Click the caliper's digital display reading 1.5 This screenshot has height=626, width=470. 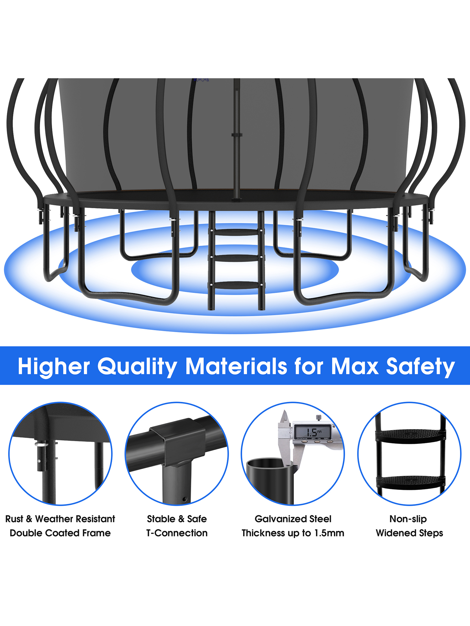point(312,432)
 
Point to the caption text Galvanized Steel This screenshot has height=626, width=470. point(293,519)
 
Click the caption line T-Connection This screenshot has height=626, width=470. point(177,533)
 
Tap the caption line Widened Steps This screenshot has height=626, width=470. point(409,533)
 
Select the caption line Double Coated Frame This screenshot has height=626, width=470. point(60,533)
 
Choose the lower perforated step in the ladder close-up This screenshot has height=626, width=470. point(410,483)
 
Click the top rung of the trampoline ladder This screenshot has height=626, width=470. point(237,232)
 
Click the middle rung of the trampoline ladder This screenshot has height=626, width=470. point(237,258)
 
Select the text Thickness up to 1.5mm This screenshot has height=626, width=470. point(293,533)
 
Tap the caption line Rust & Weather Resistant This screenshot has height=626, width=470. point(60,519)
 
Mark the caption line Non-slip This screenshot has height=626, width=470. point(408,519)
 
